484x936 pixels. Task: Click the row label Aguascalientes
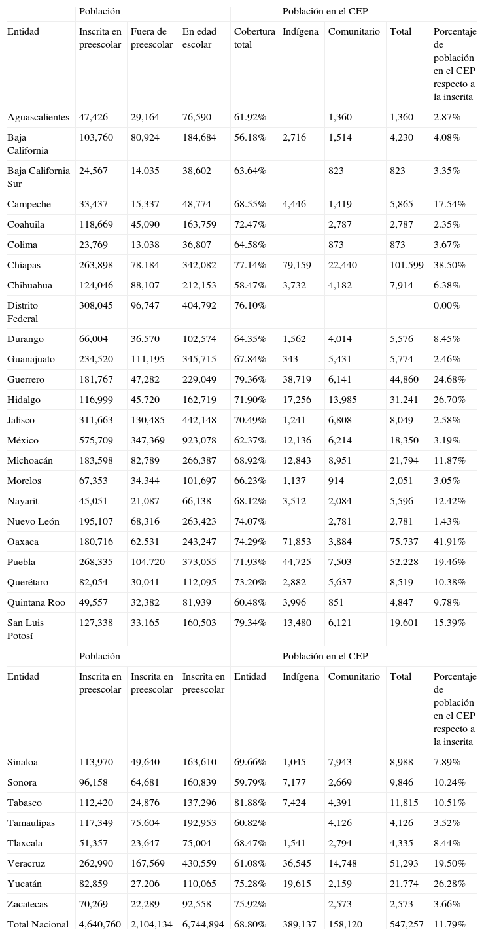point(38,118)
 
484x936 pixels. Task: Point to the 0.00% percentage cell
point(446,306)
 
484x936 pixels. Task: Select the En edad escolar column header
point(197,39)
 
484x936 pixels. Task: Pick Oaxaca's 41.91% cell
point(449,542)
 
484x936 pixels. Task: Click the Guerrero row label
point(26,380)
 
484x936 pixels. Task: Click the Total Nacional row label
point(38,925)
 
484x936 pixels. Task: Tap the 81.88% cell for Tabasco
point(250,803)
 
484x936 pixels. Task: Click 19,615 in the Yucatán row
point(296,884)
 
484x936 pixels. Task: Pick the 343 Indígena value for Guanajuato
point(290,360)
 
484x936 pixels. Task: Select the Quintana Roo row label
point(36,603)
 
